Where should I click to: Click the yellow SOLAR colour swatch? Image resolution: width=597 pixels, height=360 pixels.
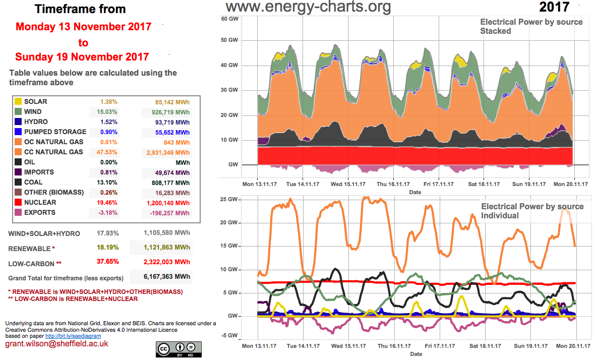[x=18, y=102]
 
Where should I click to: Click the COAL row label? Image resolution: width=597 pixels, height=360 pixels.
[x=33, y=183]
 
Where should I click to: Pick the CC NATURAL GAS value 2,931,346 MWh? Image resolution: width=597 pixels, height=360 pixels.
[x=165, y=152]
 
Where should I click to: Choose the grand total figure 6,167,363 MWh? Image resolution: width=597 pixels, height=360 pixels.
[x=161, y=277]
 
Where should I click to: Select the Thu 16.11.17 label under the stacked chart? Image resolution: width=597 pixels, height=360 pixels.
[x=393, y=185]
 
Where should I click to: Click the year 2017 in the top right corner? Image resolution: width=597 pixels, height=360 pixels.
[x=554, y=7]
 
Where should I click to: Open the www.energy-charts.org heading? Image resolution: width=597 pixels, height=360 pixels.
[x=308, y=7]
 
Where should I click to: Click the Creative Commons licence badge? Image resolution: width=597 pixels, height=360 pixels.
[x=178, y=348]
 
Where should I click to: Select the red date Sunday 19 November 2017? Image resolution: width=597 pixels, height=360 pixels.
[x=82, y=56]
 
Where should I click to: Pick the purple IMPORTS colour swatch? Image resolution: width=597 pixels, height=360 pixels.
[x=18, y=172]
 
